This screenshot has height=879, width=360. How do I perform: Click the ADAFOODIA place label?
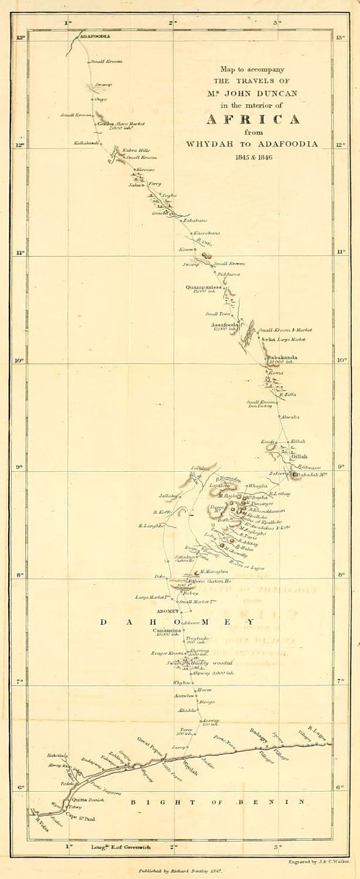(95, 36)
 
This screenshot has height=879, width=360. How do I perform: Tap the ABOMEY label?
(160, 611)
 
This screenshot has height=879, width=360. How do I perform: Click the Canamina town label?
(167, 630)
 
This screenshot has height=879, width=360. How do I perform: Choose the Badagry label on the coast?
(259, 735)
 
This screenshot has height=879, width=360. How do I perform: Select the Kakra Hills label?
(132, 151)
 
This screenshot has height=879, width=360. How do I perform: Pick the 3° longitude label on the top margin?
(277, 23)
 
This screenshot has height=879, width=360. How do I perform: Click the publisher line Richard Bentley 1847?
(179, 871)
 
